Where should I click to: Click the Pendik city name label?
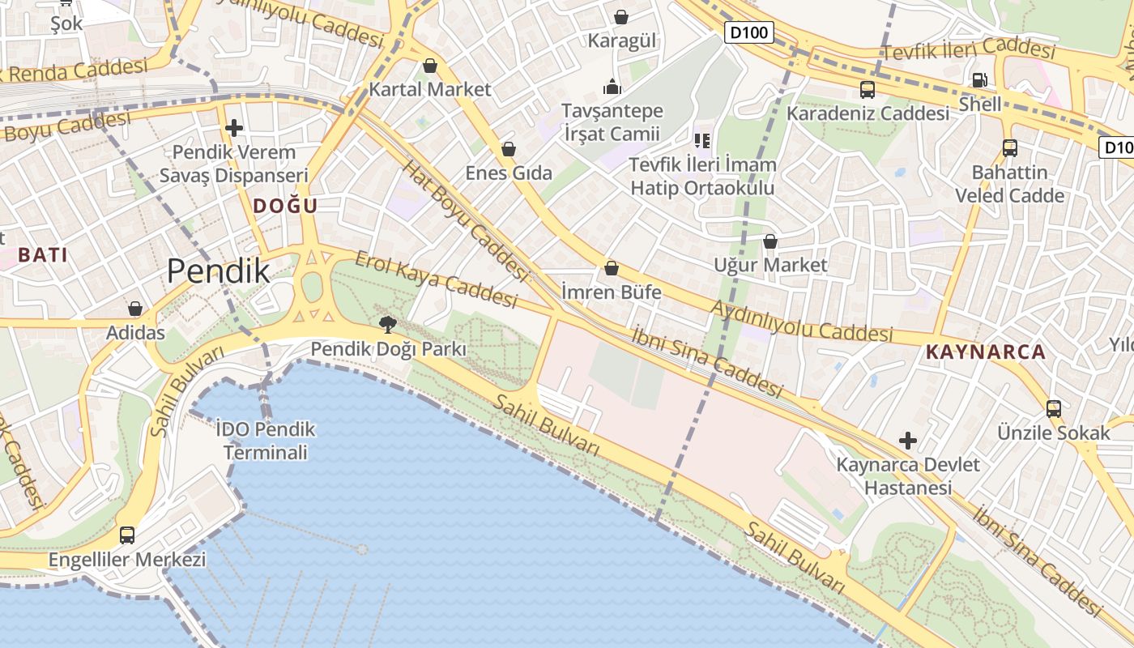pos(218,272)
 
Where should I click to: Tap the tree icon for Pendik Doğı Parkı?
pos(388,325)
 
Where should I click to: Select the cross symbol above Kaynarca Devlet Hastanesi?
pos(908,441)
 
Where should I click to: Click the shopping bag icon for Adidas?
pos(135,309)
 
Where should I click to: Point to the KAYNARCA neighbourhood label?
pos(986,352)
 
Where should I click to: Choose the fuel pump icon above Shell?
pos(979,80)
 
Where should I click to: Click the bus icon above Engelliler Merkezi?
pos(127,535)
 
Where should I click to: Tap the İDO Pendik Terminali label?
pos(266,441)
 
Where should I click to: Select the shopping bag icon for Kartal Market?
pos(430,66)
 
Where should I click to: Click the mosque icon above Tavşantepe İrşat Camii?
pos(612,87)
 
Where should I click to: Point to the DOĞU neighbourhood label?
pos(285,206)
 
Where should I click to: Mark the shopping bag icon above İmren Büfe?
pos(612,268)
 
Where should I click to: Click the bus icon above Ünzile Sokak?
pos(1053,409)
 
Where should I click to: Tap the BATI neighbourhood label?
pos(42,254)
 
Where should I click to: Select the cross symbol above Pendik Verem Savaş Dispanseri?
pos(234,128)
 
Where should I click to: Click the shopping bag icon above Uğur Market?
pos(770,241)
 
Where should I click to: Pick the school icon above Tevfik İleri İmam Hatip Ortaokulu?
pos(702,141)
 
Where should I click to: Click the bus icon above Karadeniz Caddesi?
pos(868,90)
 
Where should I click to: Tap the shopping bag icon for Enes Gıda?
pos(509,149)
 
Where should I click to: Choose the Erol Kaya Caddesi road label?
pos(436,280)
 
